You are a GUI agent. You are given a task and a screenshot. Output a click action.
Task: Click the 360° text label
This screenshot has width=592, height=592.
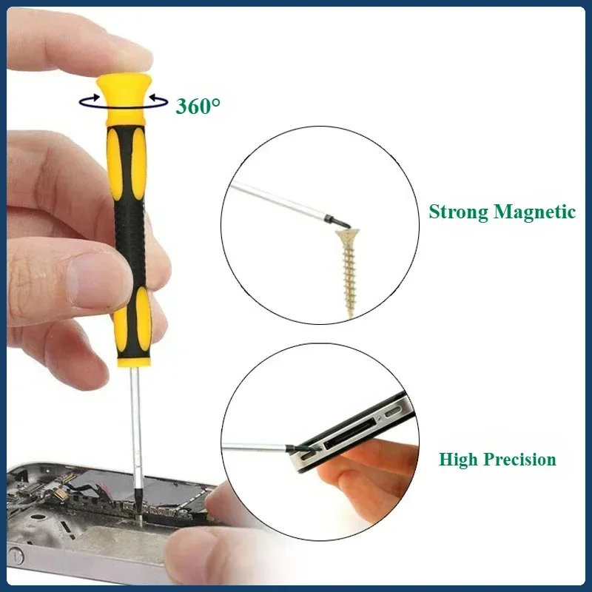click(198, 106)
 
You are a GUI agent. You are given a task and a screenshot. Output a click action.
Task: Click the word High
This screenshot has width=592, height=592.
click(458, 460)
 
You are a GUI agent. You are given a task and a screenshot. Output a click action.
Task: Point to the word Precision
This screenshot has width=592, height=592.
click(520, 459)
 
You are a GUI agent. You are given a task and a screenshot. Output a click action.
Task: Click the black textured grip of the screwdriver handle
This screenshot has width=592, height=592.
click(130, 242)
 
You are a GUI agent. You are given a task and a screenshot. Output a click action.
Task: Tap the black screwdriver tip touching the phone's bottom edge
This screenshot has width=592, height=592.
click(302, 448)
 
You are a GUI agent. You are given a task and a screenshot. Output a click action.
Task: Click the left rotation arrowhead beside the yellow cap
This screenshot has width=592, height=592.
click(95, 98)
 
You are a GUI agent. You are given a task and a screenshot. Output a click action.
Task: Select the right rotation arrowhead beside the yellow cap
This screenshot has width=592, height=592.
click(154, 98)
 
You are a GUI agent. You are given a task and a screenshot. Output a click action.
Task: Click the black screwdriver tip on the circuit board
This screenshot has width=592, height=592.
click(138, 505)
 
